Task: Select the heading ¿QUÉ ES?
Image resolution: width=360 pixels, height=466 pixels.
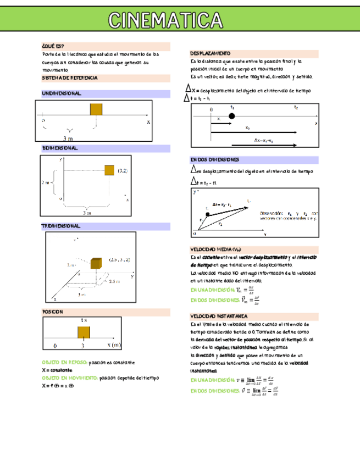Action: click(53, 46)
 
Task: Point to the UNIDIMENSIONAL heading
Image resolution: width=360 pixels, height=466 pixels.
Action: click(62, 94)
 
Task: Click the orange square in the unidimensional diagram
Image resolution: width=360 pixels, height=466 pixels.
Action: click(96, 109)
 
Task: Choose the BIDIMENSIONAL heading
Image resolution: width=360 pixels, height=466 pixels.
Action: click(60, 148)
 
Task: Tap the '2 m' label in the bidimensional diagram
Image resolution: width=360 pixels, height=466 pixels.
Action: click(46, 181)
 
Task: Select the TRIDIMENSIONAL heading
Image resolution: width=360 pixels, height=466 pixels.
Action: click(61, 226)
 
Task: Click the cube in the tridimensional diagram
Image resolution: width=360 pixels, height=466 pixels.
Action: click(96, 262)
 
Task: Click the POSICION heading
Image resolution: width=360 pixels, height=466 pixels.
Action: click(53, 312)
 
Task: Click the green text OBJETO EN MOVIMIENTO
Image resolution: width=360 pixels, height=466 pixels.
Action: click(70, 378)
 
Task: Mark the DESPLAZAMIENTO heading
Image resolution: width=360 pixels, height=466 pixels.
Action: click(211, 53)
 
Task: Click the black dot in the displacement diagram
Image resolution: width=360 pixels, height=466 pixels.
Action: click(231, 116)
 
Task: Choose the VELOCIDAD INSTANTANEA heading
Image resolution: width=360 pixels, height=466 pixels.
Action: click(219, 317)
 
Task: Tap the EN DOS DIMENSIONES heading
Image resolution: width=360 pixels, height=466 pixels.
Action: click(215, 159)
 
